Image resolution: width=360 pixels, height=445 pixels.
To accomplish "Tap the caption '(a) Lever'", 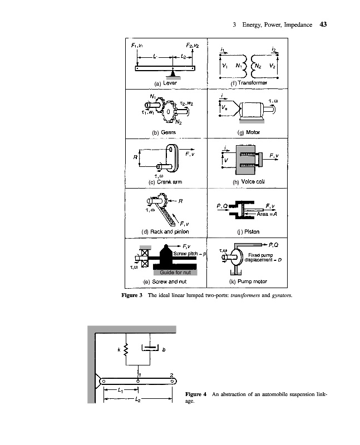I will click(165, 82).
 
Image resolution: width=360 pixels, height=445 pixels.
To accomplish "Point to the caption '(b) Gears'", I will click(165, 132).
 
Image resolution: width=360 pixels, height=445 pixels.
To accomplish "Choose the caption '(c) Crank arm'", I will click(165, 182).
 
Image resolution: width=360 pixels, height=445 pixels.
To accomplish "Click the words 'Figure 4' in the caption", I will click(195, 394).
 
